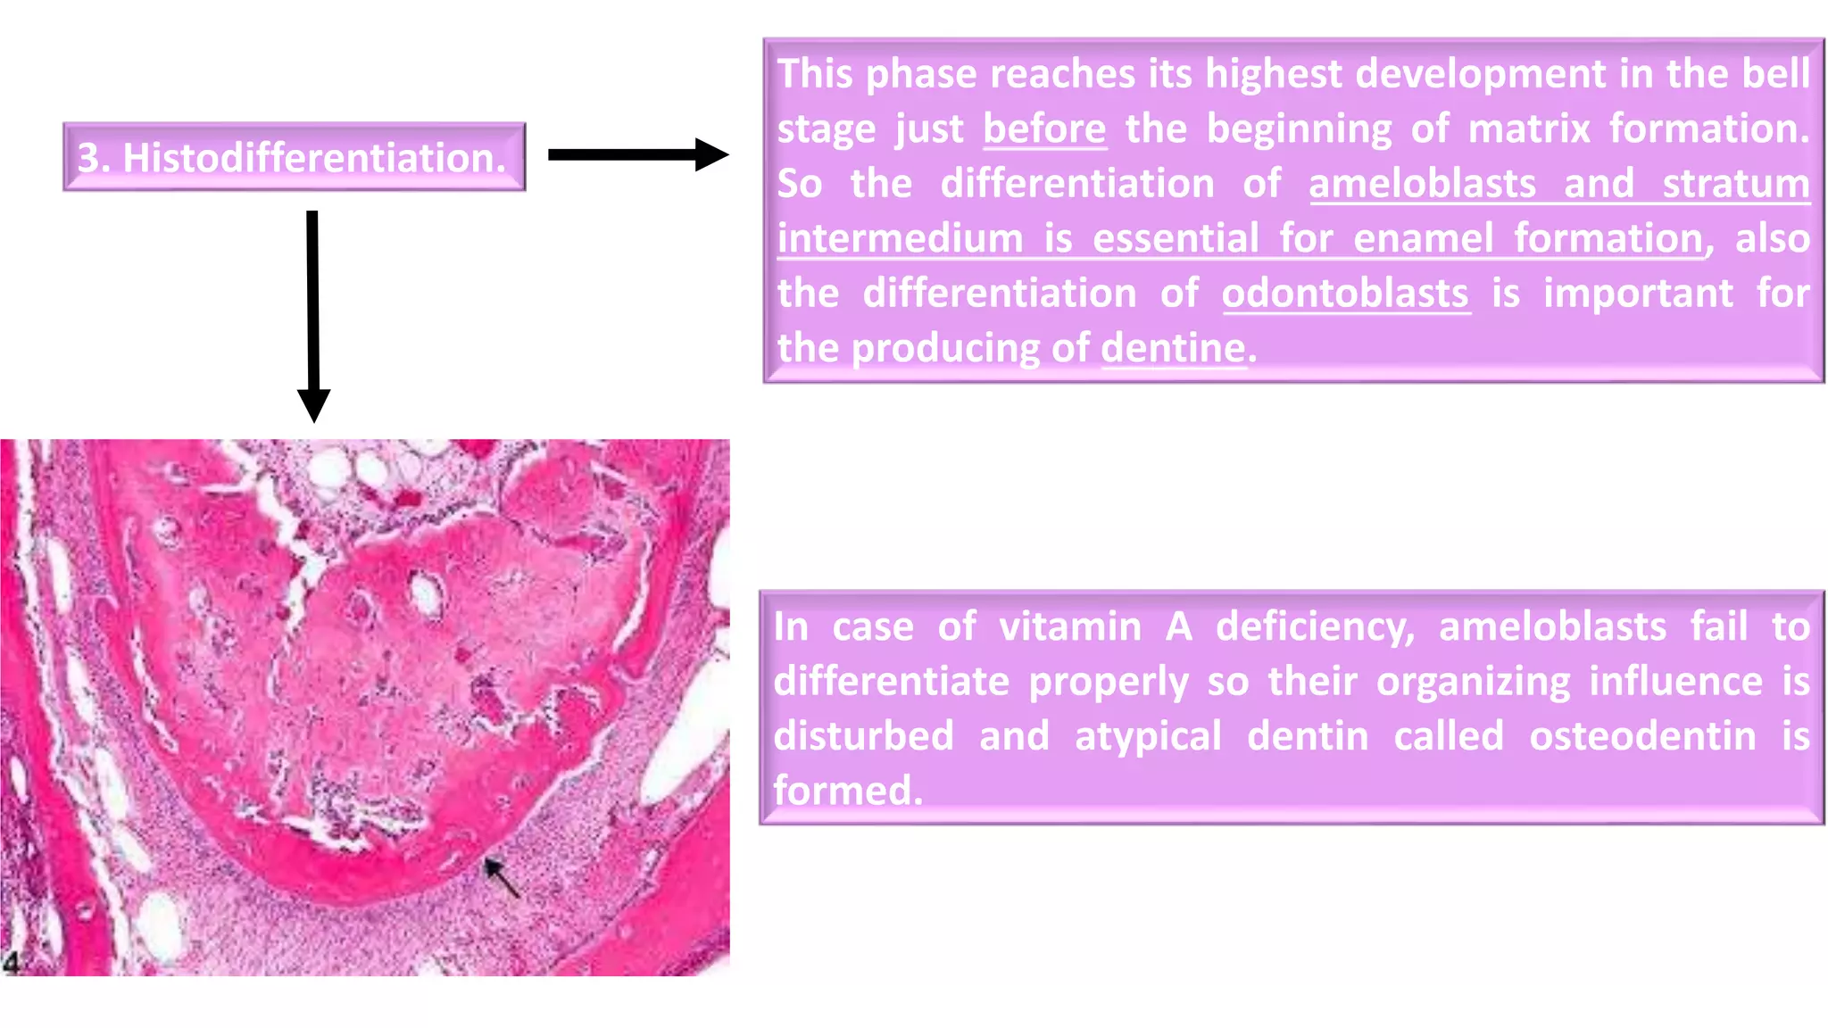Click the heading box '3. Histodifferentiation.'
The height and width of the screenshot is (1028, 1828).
pyautogui.click(x=294, y=157)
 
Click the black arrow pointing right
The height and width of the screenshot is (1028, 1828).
pyautogui.click(x=637, y=154)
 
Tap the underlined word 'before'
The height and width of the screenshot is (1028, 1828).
pyautogui.click(x=1044, y=128)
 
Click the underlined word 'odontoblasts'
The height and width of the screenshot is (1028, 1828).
pyautogui.click(x=1345, y=294)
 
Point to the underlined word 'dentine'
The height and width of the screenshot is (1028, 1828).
pyautogui.click(x=1173, y=348)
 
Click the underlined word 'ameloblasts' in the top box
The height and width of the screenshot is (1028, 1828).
pyautogui.click(x=1423, y=184)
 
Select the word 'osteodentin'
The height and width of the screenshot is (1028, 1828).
pyautogui.click(x=1642, y=736)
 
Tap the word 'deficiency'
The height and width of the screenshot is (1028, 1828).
pyautogui.click(x=1315, y=626)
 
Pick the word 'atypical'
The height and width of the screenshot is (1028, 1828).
pyautogui.click(x=1148, y=736)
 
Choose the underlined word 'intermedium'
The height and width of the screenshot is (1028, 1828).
pyautogui.click(x=900, y=238)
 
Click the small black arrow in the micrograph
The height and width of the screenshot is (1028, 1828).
pyautogui.click(x=502, y=877)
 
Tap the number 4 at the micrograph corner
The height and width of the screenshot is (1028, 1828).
pyautogui.click(x=11, y=962)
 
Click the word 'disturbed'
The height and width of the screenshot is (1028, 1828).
pyautogui.click(x=863, y=736)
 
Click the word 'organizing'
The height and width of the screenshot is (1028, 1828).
pyautogui.click(x=1473, y=682)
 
